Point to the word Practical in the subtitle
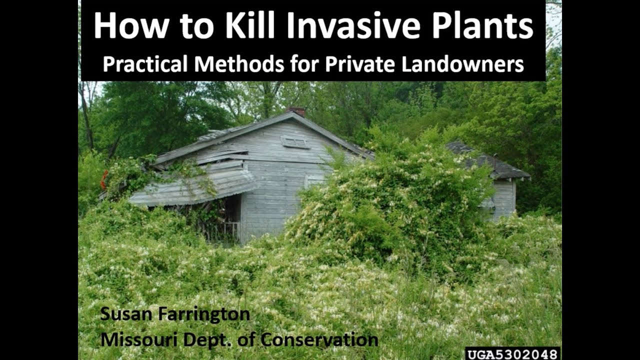point(145,64)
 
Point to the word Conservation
point(319,339)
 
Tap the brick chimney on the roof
point(297,111)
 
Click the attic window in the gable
point(295,142)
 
